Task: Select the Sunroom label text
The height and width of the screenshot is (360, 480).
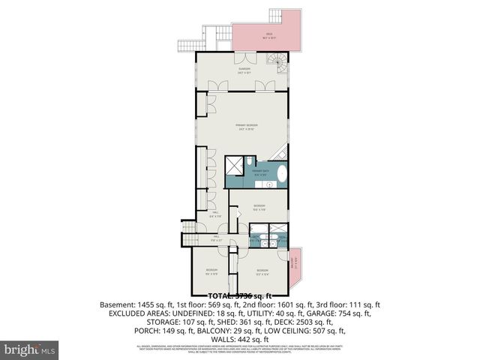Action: point(244,70)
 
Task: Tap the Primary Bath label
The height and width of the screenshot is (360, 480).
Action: point(259,173)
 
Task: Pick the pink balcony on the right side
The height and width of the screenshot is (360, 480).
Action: point(293,265)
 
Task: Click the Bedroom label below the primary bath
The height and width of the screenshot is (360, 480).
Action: point(259,207)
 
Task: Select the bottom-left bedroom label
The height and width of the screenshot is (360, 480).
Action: point(211,271)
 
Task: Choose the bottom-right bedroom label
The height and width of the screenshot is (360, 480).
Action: point(262,271)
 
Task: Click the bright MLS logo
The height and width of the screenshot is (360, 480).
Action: point(30,349)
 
